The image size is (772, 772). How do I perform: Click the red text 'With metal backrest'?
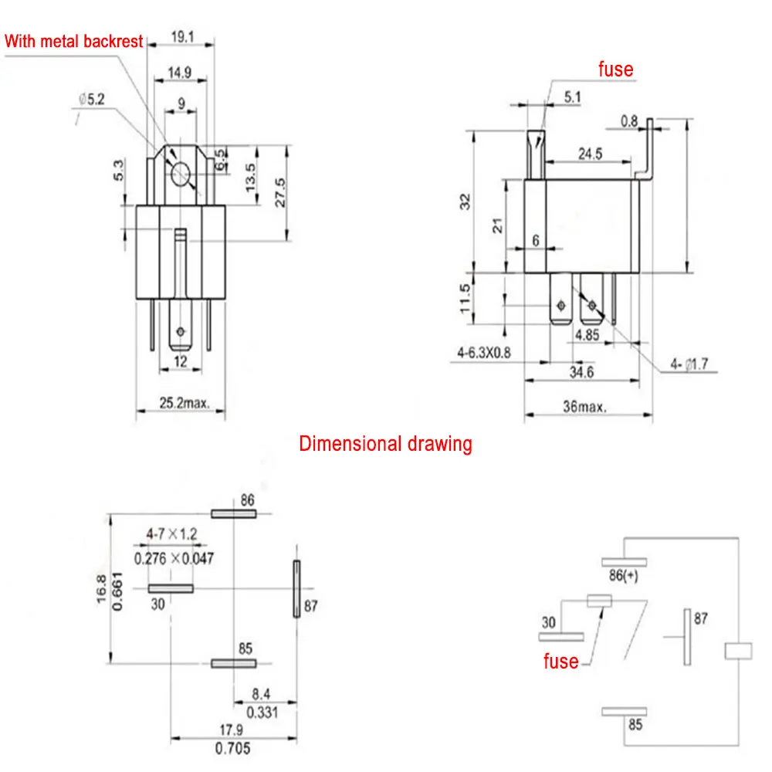(74, 41)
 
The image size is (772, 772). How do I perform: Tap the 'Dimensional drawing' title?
(385, 444)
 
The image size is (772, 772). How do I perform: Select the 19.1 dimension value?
(183, 37)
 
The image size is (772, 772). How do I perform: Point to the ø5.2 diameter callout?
(92, 100)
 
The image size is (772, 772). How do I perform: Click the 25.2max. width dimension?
(185, 403)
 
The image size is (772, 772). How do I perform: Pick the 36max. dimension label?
(584, 407)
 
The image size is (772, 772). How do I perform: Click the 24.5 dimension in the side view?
(590, 154)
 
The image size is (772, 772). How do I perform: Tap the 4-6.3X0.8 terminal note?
(483, 353)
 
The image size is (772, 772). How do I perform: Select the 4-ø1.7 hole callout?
(689, 364)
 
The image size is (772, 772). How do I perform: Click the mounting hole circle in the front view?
(180, 173)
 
